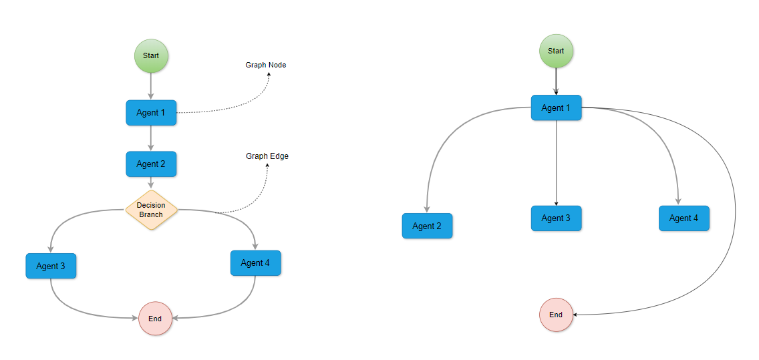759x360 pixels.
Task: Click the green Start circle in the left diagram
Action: click(x=151, y=55)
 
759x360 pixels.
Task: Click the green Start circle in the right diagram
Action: click(x=556, y=51)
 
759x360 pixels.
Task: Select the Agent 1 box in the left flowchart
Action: click(x=151, y=112)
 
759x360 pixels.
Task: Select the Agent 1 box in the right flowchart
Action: click(x=556, y=108)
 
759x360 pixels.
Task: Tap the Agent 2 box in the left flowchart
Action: click(x=151, y=164)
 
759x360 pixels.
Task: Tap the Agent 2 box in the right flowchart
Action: click(x=427, y=226)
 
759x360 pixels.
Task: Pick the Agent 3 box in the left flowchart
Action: click(x=51, y=266)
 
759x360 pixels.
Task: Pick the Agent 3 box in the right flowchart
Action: click(x=556, y=218)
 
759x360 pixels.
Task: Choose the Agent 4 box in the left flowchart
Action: click(x=255, y=262)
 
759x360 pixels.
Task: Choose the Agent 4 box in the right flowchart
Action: click(x=684, y=218)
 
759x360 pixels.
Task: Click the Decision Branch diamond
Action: click(x=151, y=210)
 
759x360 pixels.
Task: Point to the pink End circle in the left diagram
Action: click(x=155, y=319)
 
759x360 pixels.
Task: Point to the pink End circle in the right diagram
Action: click(x=556, y=315)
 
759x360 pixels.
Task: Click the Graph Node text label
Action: click(x=266, y=65)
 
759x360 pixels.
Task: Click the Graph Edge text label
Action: click(x=267, y=156)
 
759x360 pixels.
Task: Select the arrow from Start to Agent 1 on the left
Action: click(x=151, y=86)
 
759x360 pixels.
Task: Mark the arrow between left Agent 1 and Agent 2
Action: click(x=151, y=138)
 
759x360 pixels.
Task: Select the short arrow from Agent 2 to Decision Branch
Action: click(x=151, y=183)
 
